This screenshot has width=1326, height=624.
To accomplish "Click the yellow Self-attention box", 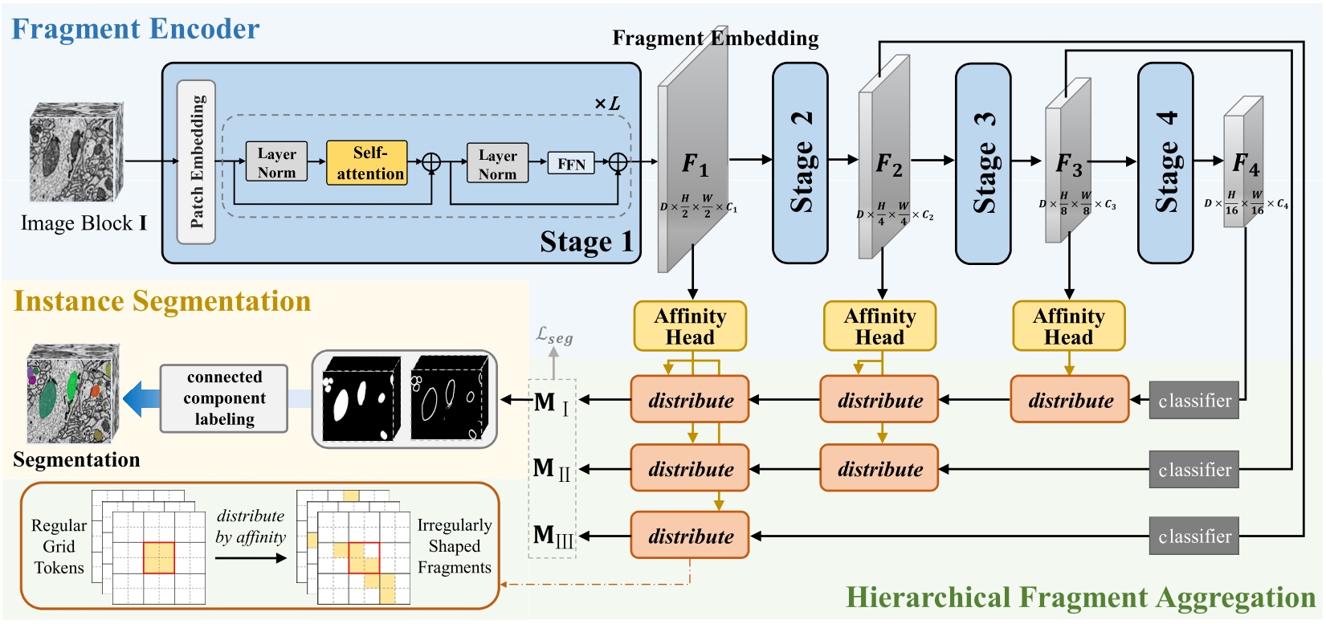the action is (x=367, y=163).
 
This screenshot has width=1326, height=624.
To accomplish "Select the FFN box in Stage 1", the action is (x=571, y=164).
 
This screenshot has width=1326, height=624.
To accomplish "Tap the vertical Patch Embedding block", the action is (x=196, y=161).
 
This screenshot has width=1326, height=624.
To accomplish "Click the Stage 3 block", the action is (x=983, y=163).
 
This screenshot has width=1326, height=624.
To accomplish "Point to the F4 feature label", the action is (x=1246, y=165).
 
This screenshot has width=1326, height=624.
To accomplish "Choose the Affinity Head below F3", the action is (x=1068, y=326).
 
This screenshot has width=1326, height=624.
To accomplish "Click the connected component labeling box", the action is (x=224, y=398).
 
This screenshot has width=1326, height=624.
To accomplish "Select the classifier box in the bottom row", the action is (x=1193, y=536).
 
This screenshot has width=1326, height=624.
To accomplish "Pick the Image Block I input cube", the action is (x=77, y=153).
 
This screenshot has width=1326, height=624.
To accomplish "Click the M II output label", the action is (x=552, y=469).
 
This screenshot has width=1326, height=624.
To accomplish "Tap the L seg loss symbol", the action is (x=554, y=335).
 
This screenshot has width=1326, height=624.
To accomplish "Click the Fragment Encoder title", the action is (x=135, y=29).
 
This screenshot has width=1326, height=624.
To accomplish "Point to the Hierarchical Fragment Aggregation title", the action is (x=1080, y=597).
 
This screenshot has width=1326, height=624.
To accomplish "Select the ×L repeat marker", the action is (x=607, y=104).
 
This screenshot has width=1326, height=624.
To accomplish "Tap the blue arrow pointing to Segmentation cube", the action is (x=141, y=399).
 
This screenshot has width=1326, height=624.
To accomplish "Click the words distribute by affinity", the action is (x=251, y=527).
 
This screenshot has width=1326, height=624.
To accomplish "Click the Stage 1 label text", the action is (x=586, y=242).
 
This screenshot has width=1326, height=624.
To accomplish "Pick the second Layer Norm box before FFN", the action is (x=497, y=165).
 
